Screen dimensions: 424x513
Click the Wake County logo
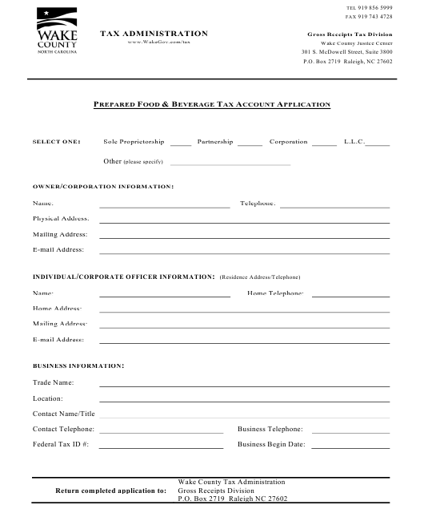[x=57, y=30]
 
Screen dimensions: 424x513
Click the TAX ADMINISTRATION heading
[x=154, y=34]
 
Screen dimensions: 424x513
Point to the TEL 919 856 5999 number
[x=368, y=7]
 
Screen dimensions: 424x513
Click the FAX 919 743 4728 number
[x=368, y=16]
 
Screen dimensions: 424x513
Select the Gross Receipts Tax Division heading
[x=350, y=34]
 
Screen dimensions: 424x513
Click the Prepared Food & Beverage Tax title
[x=212, y=105]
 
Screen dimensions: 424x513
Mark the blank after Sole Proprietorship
[x=180, y=144]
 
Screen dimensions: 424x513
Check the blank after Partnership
[x=250, y=144]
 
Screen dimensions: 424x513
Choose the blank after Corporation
[x=324, y=144]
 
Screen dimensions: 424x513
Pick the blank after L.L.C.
[x=378, y=144]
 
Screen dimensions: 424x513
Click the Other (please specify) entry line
[x=230, y=164]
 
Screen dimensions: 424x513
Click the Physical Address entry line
[x=244, y=221]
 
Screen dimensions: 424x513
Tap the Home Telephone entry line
[x=350, y=296]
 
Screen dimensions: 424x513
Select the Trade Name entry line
[x=244, y=385]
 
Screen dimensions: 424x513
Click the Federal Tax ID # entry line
[x=161, y=446]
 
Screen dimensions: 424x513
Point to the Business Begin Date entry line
[x=350, y=446]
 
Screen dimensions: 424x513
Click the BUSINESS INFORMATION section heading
[x=78, y=366]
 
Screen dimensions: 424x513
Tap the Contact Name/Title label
[x=64, y=414]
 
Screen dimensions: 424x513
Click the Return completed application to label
[x=110, y=491]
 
